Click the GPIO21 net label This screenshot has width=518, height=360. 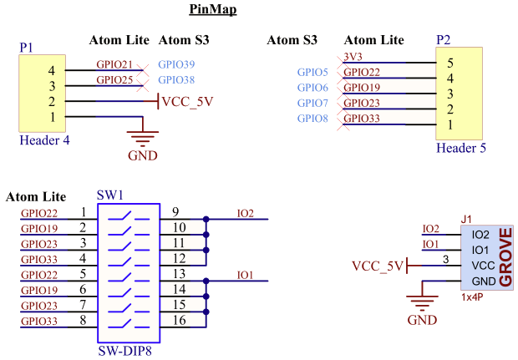pos(114,64)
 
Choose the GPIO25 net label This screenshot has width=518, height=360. pos(114,80)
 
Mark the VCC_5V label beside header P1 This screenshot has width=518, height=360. pos(187,102)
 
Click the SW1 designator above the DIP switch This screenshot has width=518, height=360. pos(110,195)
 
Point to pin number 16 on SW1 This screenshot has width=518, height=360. pos(179,321)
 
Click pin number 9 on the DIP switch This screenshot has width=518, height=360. pos(175,211)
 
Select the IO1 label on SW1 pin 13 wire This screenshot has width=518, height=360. pos(245,274)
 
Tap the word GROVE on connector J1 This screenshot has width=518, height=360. pos(505,257)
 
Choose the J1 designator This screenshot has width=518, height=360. pos(466,218)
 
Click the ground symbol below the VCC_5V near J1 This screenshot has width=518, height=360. pos(422,305)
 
